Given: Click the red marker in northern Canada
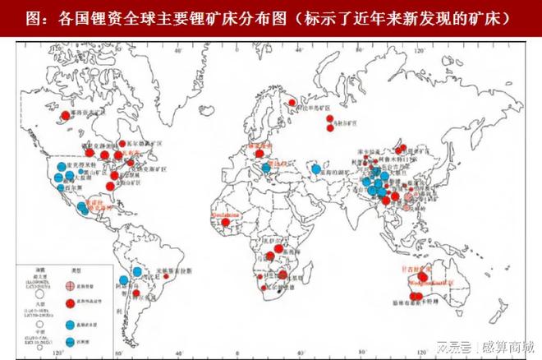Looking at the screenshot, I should [x=65, y=115].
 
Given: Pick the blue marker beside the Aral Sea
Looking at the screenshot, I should [x=316, y=168].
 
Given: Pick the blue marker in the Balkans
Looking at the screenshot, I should [x=268, y=169].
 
